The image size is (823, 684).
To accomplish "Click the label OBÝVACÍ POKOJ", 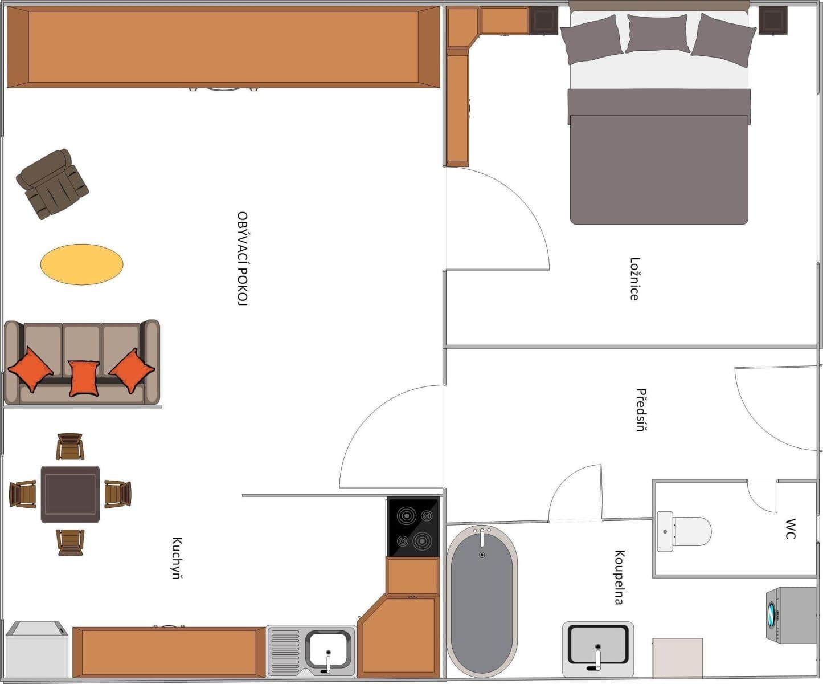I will click(x=243, y=259).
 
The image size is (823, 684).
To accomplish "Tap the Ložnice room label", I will click(x=634, y=279).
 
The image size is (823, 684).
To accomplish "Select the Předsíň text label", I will click(x=641, y=410).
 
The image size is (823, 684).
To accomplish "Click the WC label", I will click(x=791, y=528).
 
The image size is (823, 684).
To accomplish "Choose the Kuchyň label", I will click(x=177, y=558).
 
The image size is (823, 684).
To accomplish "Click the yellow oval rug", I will click(x=81, y=264).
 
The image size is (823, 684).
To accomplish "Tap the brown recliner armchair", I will click(x=52, y=184).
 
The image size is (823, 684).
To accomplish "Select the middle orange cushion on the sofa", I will click(x=84, y=377).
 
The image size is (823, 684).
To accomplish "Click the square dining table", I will click(x=70, y=494).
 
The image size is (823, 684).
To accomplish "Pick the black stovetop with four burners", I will click(x=413, y=527).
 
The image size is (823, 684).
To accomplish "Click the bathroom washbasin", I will click(x=598, y=648).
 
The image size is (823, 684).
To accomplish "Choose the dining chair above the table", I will click(x=70, y=446).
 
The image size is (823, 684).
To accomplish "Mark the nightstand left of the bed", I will click(x=543, y=21).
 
